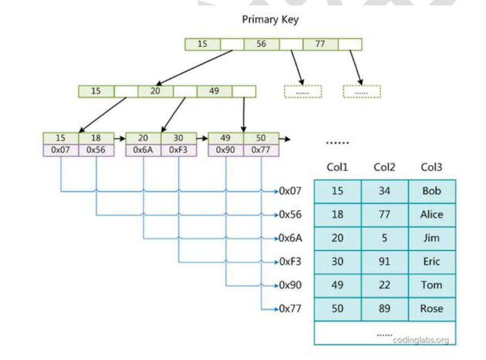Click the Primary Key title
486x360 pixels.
pos(270,20)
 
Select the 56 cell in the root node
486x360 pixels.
pos(261,44)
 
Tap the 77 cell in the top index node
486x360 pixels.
pos(320,44)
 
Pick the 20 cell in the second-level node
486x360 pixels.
pos(155,91)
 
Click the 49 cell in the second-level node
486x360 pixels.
pos(214,91)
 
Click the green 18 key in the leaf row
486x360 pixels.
pos(96,138)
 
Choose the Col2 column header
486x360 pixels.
pos(384,167)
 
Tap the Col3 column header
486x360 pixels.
pos(432,167)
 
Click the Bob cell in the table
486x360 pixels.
pos(432,191)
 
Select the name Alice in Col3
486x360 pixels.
pos(432,214)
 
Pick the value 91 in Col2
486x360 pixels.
pos(384,262)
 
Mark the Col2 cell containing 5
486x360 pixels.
pos(384,238)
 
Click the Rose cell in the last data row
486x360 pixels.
pos(432,309)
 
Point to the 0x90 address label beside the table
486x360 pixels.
pos(291,285)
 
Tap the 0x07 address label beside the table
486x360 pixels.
pos(291,191)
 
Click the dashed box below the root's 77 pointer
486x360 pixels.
pos(362,92)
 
